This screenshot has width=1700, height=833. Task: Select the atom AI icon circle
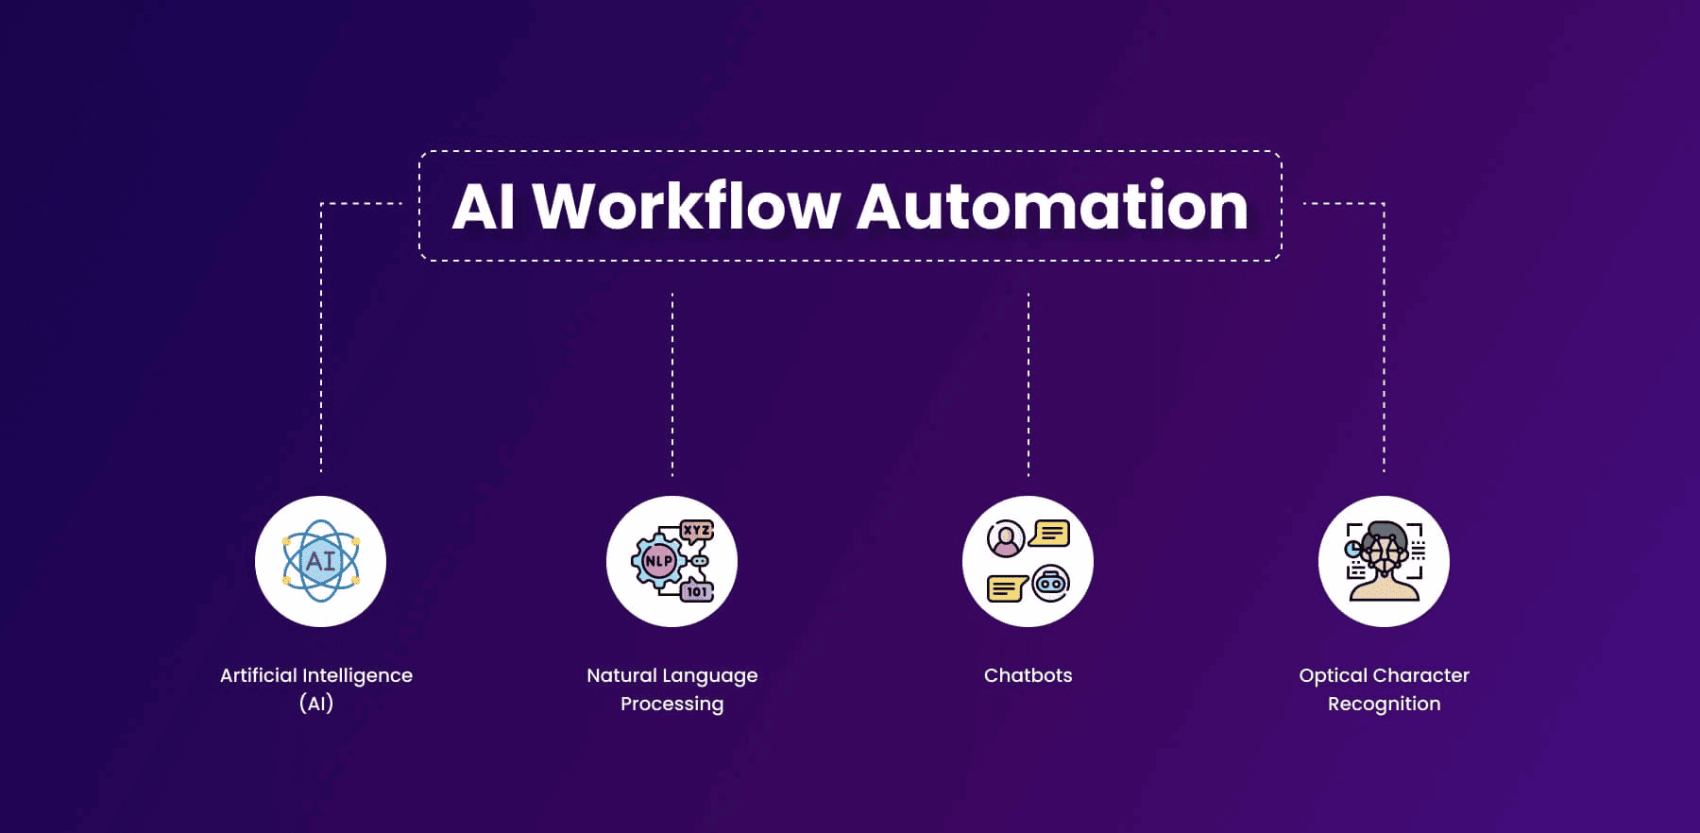coord(320,561)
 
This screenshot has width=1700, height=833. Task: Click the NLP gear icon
coord(658,561)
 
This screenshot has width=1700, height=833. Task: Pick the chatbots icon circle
coord(1028,561)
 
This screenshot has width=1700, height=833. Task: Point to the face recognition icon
coord(1384,561)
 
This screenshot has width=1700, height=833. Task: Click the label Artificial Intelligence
coord(316,675)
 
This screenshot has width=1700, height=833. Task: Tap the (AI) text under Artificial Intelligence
coord(316,704)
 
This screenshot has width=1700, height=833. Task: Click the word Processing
coord(672,704)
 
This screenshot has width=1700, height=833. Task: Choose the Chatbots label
coord(1028,675)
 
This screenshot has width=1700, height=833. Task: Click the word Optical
coord(1333,675)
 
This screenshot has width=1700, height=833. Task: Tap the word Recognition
coord(1384,704)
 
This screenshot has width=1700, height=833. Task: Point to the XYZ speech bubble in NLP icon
coord(697,531)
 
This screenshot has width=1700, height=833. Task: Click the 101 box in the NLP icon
coord(697,591)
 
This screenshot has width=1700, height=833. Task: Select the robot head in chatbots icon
coord(1050,584)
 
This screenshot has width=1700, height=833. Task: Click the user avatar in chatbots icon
coord(1006,538)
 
